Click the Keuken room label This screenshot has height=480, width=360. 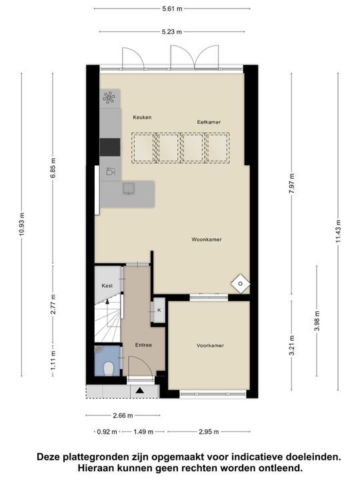tap(142, 117)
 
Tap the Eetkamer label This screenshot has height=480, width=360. tap(209, 122)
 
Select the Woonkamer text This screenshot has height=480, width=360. tap(206, 239)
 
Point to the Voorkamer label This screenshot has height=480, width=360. tap(210, 345)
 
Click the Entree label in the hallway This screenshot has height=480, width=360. tap(143, 345)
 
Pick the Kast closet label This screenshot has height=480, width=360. tap(107, 285)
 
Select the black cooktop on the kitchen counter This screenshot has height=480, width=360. tap(109, 146)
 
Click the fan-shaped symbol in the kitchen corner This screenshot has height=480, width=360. tap(109, 98)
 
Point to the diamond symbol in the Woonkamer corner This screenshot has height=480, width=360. tap(239, 283)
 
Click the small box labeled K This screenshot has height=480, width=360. tap(159, 310)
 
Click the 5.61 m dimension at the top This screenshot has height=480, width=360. tap(173, 9)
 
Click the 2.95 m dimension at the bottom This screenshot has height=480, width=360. tap(209, 431)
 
